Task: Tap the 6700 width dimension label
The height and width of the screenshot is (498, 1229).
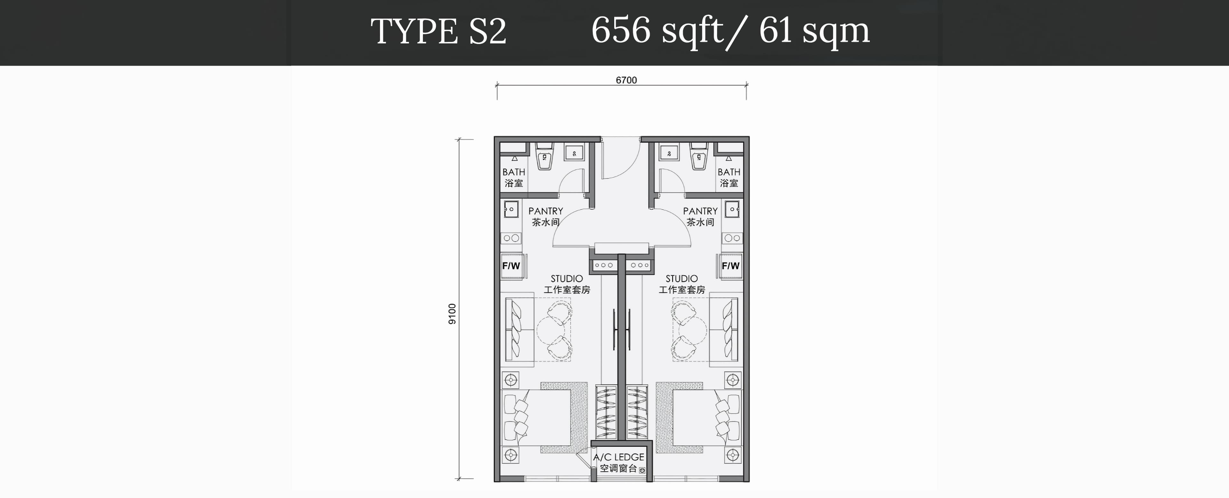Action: point(626,80)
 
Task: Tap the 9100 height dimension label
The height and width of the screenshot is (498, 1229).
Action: point(452,314)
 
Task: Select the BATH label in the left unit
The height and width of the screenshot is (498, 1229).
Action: point(514,172)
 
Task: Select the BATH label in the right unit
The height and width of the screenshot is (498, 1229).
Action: point(729,172)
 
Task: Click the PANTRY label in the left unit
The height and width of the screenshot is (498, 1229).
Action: point(546,211)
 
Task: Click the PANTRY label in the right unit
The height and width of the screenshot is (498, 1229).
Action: point(700,211)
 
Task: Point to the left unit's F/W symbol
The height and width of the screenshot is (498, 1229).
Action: point(511,266)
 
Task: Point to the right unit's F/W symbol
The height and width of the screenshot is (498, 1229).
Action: point(730,266)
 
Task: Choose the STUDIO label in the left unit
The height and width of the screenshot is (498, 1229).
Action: point(567,278)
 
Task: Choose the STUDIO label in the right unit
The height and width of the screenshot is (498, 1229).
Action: point(682,278)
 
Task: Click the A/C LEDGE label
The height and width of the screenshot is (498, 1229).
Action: point(619,457)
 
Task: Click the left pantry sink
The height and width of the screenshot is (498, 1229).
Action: point(511,209)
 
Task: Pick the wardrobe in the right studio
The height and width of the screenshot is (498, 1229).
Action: point(637,412)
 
